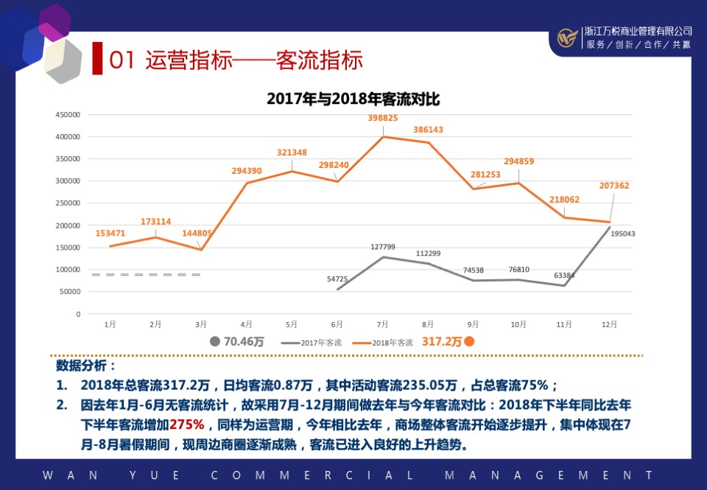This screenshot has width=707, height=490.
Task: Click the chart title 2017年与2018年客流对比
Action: tap(353, 99)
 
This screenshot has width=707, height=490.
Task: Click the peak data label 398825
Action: tap(383, 118)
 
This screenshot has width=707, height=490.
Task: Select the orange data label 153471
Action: tap(110, 233)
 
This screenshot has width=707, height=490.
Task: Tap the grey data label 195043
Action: tap(622, 234)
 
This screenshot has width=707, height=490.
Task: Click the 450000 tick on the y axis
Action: tap(67, 115)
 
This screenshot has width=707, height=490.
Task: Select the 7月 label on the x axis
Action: tap(382, 324)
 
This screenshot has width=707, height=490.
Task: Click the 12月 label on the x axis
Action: tap(609, 324)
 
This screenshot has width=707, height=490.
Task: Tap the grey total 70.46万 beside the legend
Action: tap(244, 342)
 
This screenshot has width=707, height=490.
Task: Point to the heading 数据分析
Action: tap(86, 366)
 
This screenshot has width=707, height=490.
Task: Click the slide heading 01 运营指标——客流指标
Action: tap(236, 60)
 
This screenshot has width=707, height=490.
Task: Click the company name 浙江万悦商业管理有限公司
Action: tap(638, 31)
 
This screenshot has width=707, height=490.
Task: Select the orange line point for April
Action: tap(246, 183)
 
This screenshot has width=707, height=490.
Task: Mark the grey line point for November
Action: tap(564, 285)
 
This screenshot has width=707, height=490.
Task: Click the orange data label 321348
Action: tap(292, 153)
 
